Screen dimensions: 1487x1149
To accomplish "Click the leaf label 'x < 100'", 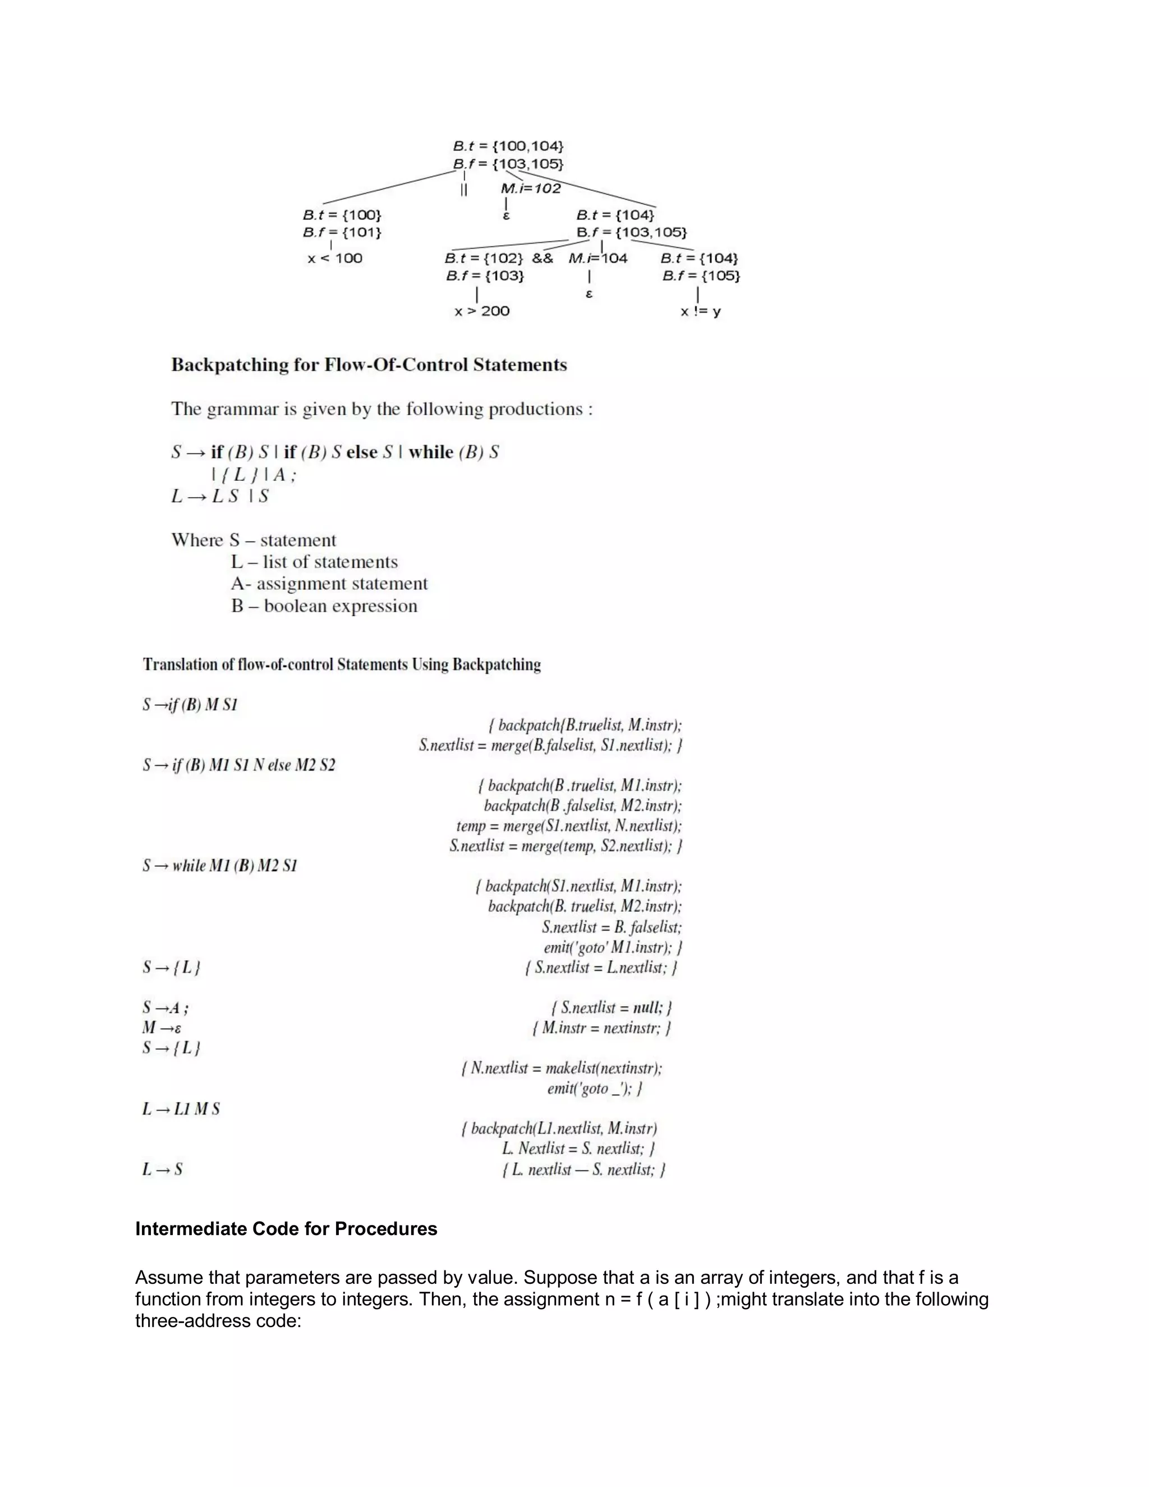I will (335, 259).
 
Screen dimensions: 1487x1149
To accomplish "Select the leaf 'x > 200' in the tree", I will (482, 311).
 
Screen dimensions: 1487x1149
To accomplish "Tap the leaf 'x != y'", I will (700, 312).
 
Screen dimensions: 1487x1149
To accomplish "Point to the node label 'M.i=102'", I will (531, 189).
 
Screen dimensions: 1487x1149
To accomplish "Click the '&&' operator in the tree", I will (543, 259).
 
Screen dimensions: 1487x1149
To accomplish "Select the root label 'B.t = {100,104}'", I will (508, 146).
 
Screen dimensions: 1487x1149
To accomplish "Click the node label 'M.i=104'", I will (598, 259).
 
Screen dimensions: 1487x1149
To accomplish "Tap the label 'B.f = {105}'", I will (701, 276).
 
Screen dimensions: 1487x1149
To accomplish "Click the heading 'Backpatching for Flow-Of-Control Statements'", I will (369, 365).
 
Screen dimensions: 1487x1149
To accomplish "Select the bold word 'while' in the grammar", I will (431, 452).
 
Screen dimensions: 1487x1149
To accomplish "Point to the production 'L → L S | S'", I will (220, 497).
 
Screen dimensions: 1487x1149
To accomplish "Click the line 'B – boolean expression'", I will (324, 606).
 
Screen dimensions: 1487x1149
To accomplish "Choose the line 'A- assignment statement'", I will (329, 584).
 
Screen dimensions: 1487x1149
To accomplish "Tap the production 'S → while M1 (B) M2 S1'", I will (220, 865).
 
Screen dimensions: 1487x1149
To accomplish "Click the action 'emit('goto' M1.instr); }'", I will (613, 947).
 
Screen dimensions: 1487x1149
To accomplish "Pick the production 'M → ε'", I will (162, 1027).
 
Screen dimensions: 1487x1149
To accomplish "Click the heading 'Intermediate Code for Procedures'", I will (286, 1229).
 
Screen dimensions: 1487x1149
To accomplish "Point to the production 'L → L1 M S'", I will (181, 1109).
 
